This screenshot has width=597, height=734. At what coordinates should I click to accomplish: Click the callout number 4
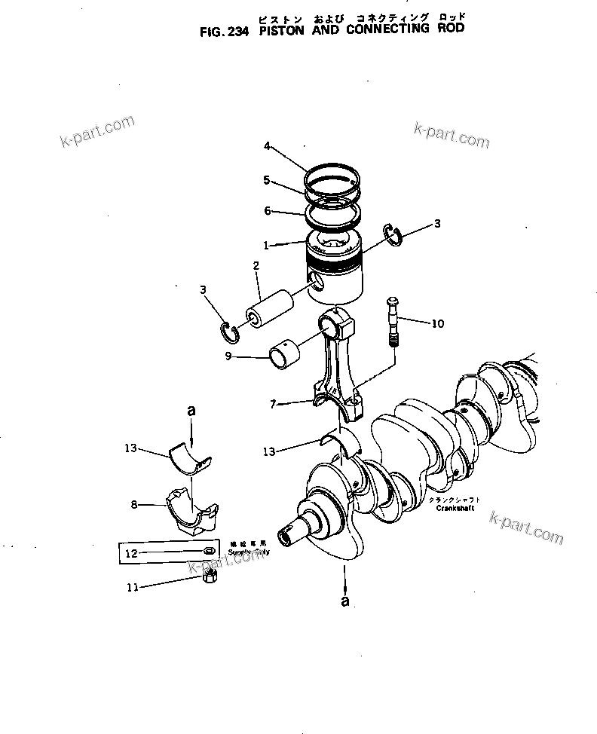pyautogui.click(x=266, y=146)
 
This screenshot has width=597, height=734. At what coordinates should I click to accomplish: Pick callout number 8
pyautogui.click(x=133, y=505)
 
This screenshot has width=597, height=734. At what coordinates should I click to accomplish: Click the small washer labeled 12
pyautogui.click(x=207, y=552)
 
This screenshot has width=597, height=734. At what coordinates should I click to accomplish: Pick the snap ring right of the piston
pyautogui.click(x=393, y=234)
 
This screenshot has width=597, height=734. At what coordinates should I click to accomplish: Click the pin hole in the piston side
pyautogui.click(x=318, y=281)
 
